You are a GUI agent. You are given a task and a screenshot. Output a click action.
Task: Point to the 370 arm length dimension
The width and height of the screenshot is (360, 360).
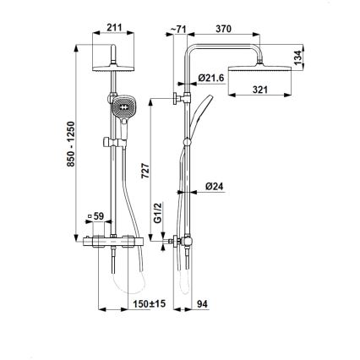pyautogui.click(x=224, y=29)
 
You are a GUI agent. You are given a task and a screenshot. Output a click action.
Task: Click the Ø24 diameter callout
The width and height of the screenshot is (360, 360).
pyautogui.click(x=213, y=188)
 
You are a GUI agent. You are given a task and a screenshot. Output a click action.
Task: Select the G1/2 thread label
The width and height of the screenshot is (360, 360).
pyautogui.click(x=157, y=227)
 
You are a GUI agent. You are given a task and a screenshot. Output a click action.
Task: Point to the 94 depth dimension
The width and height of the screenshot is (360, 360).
pyautogui.click(x=201, y=303)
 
